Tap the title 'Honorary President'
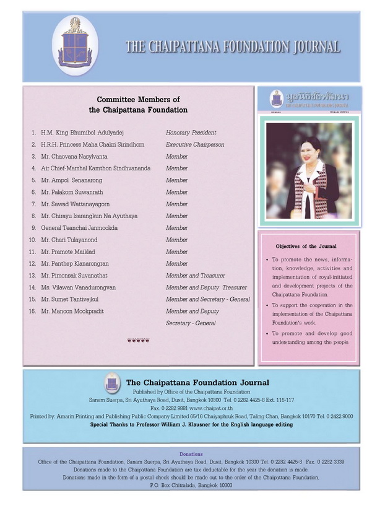(191, 133)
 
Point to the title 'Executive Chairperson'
(195, 144)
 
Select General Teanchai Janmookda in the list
(83, 228)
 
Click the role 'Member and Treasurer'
(195, 276)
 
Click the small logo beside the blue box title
(111, 382)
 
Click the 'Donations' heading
(191, 454)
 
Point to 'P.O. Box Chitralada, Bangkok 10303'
(191, 486)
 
